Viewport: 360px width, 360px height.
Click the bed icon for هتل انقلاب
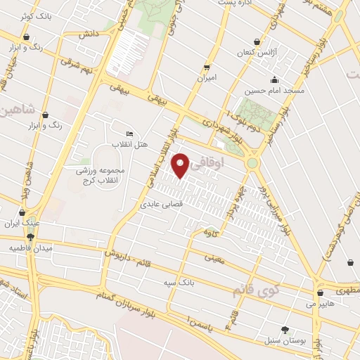tap(129, 134)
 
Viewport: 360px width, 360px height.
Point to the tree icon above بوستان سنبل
tap(285, 329)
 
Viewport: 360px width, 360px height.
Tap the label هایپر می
tap(320, 304)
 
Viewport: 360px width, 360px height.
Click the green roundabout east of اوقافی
tap(252, 163)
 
